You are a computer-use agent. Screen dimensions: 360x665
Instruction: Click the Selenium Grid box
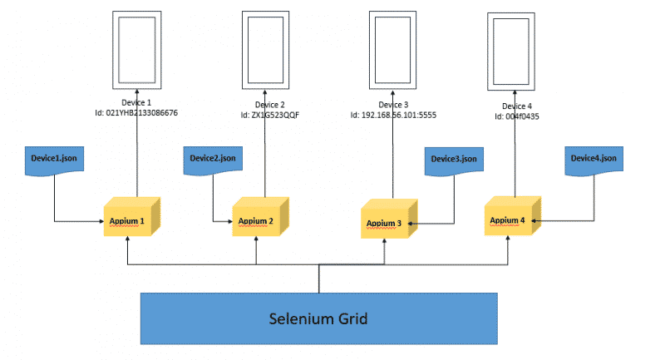319,318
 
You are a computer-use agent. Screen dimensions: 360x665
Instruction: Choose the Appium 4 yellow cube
509,219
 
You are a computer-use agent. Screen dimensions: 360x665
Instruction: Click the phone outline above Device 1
136,48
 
